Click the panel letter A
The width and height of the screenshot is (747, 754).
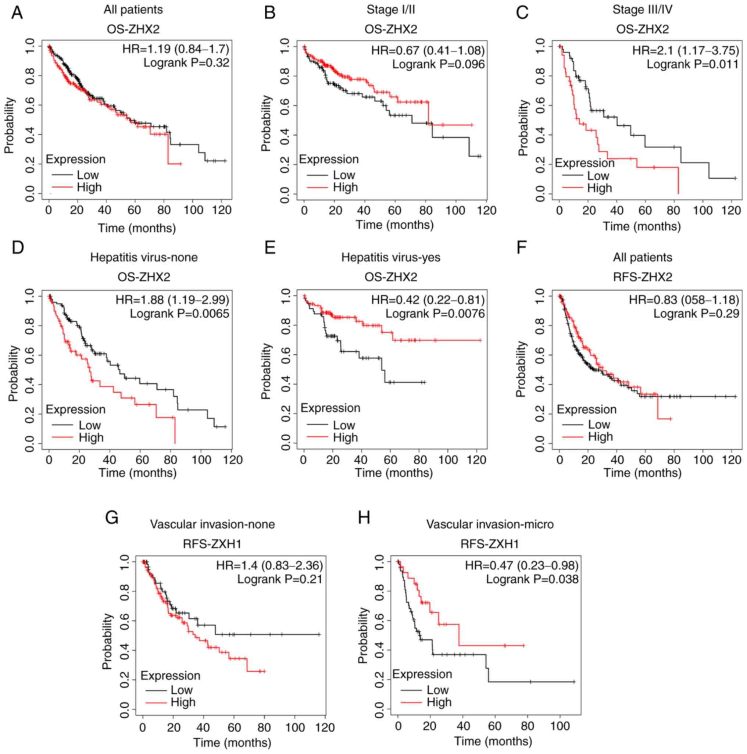[x=17, y=12]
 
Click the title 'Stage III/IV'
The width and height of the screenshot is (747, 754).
[x=642, y=9]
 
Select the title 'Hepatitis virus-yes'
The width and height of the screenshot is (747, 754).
[x=391, y=257]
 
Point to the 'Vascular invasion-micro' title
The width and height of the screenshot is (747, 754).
[x=490, y=524]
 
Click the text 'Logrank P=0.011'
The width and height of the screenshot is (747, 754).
[x=692, y=64]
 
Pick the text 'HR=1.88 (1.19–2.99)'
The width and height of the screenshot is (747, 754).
[x=172, y=300]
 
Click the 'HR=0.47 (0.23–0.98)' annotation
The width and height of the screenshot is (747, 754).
[x=521, y=565]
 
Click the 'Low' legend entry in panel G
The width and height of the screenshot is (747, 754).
[x=182, y=690]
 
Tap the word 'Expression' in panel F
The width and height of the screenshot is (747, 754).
[x=586, y=410]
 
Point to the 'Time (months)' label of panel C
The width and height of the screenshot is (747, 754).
[x=641, y=226]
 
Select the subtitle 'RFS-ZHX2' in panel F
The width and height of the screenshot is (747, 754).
[x=642, y=277]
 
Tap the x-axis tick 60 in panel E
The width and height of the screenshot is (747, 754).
[x=390, y=460]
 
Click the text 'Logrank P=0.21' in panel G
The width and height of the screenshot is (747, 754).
[x=280, y=579]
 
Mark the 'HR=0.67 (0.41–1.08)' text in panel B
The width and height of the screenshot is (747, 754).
[x=428, y=50]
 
